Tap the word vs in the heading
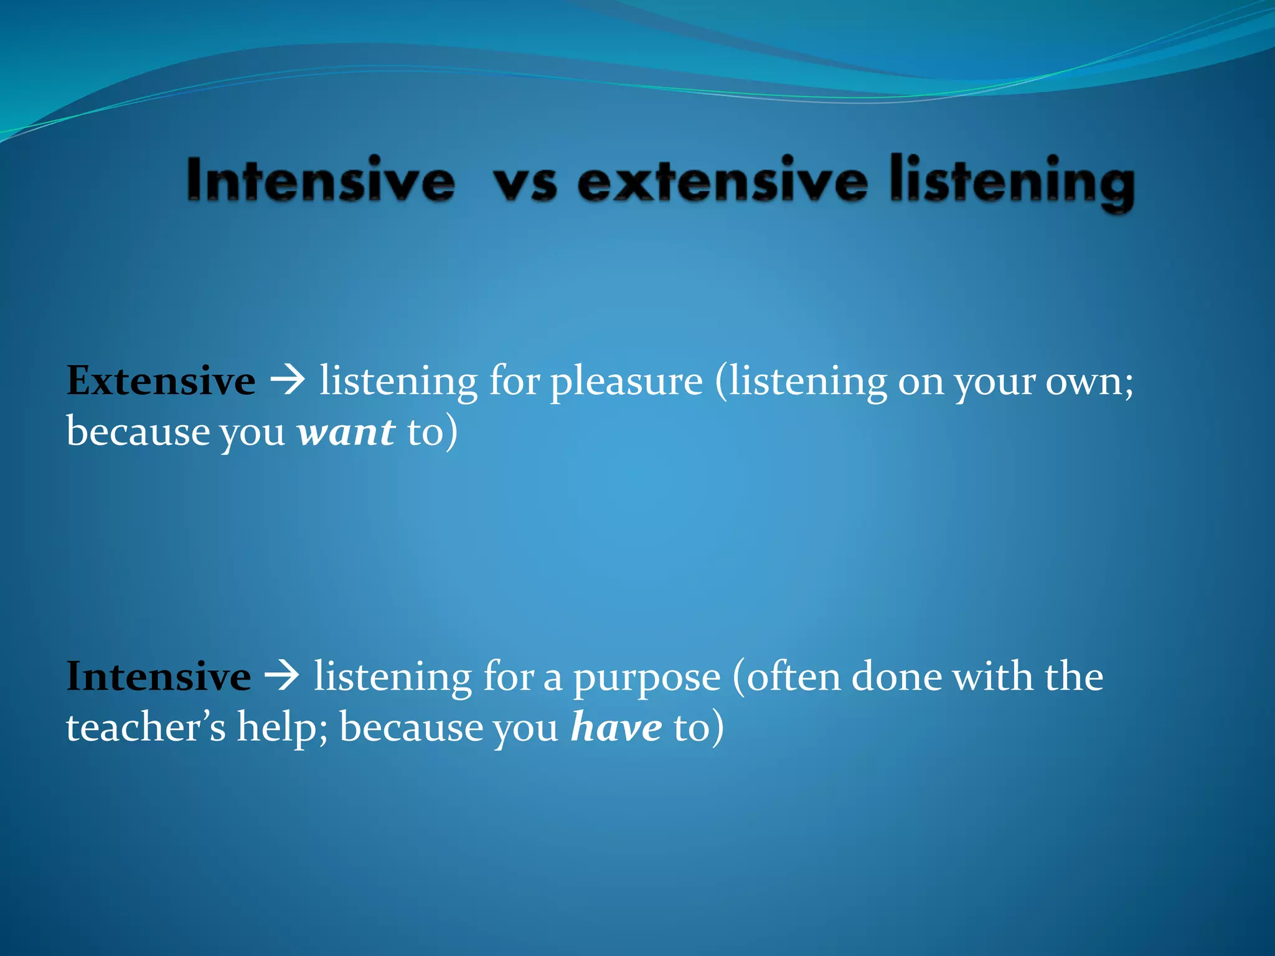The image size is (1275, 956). coord(525,184)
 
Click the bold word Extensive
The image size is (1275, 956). coord(161,381)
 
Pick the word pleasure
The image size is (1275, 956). coord(626,382)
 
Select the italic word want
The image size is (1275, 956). coord(346,432)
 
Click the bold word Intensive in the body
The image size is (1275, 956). coord(158,677)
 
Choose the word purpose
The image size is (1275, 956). coord(646,678)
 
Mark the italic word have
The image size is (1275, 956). coord(616,727)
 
